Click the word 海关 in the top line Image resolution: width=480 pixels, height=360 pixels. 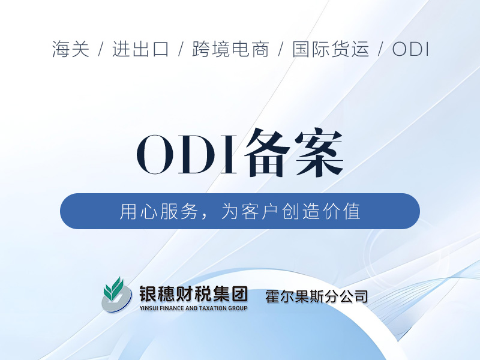click(x=71, y=49)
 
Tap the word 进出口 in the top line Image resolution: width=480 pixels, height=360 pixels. click(x=140, y=49)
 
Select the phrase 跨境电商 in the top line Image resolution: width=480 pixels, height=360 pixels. click(x=230, y=49)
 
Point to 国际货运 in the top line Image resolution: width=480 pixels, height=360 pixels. click(x=331, y=49)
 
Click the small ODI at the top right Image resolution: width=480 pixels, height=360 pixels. click(x=410, y=49)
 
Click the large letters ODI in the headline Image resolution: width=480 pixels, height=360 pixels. click(x=187, y=155)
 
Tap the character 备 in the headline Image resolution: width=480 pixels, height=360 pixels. click(x=267, y=153)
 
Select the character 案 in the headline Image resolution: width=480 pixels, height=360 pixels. click(x=319, y=153)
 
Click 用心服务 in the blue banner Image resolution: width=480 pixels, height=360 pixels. click(x=158, y=211)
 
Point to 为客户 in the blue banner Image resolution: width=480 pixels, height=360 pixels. click(x=250, y=211)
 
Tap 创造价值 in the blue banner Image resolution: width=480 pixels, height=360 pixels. click(x=321, y=211)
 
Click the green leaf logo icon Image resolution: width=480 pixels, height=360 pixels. click(x=116, y=295)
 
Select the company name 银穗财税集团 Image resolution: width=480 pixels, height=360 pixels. click(x=193, y=293)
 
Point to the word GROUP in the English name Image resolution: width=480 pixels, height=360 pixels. click(x=238, y=308)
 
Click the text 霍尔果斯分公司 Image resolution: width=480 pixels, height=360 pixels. click(x=317, y=296)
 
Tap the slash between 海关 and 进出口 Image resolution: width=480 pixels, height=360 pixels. click(x=101, y=49)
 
